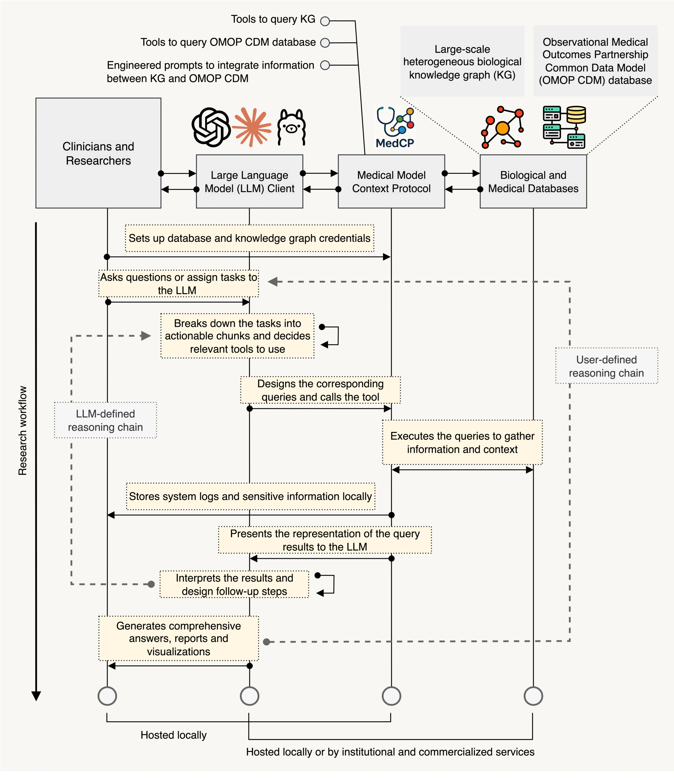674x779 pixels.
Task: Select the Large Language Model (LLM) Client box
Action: coord(249,181)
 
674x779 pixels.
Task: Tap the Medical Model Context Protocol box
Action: coord(391,181)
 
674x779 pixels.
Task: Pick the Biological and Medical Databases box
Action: coord(533,181)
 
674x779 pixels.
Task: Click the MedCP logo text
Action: coord(395,143)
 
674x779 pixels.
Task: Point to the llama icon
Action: coord(291,127)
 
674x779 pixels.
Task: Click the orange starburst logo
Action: coord(252,127)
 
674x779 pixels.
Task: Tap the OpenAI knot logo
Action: coord(211,127)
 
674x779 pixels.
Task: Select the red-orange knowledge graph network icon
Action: coord(502,127)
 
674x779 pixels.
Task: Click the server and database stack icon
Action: coord(564,127)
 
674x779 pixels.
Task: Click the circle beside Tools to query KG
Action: coord(325,21)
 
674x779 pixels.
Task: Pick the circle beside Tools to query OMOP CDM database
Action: coord(325,43)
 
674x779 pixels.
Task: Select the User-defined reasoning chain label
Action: coord(606,366)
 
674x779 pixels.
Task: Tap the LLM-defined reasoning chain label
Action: coord(105,420)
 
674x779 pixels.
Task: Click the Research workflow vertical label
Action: coord(23,430)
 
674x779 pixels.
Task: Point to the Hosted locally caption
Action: coord(173,735)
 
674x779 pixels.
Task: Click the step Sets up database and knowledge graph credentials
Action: coord(249,238)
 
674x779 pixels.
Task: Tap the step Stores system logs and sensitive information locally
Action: coord(251,496)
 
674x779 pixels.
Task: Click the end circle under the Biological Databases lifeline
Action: coord(533,696)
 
